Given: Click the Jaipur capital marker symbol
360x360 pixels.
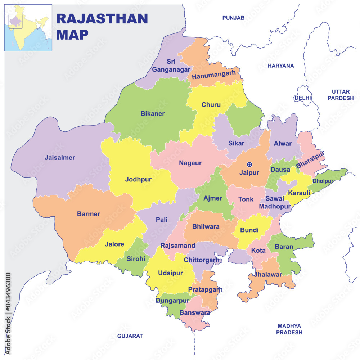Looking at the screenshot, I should point(249,164).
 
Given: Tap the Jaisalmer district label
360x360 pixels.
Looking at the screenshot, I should point(60,158).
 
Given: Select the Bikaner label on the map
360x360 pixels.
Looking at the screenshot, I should point(152,114).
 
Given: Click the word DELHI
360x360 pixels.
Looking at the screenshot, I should point(302,98).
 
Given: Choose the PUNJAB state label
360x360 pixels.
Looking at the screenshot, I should point(233,18).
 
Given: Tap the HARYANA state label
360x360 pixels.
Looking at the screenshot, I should point(281,66).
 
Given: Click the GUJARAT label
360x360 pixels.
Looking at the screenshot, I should point(130,336).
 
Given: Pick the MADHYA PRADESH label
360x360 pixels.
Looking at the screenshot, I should point(289,329).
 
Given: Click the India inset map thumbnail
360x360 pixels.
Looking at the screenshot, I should point(28,28).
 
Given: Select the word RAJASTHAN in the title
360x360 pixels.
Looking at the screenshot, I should point(102,19).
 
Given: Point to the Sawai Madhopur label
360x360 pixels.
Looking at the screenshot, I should point(275,202).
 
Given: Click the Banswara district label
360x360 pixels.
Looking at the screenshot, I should point(195,312).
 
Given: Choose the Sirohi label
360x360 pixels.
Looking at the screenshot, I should point(136,259).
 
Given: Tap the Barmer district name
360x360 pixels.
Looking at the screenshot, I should point(89,214).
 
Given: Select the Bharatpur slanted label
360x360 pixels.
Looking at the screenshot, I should point(310,160).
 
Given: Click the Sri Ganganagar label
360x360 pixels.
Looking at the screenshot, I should point(168,66).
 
